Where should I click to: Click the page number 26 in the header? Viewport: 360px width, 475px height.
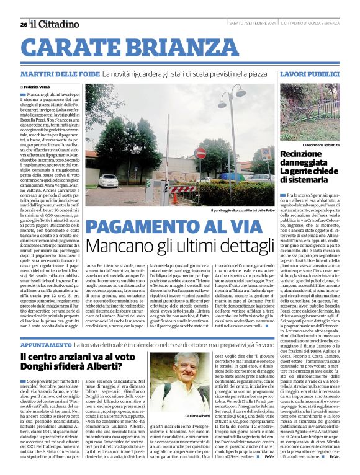pyautogui.click(x=23, y=24)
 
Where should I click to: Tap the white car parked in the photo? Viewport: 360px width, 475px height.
pyautogui.click(x=108, y=181)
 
